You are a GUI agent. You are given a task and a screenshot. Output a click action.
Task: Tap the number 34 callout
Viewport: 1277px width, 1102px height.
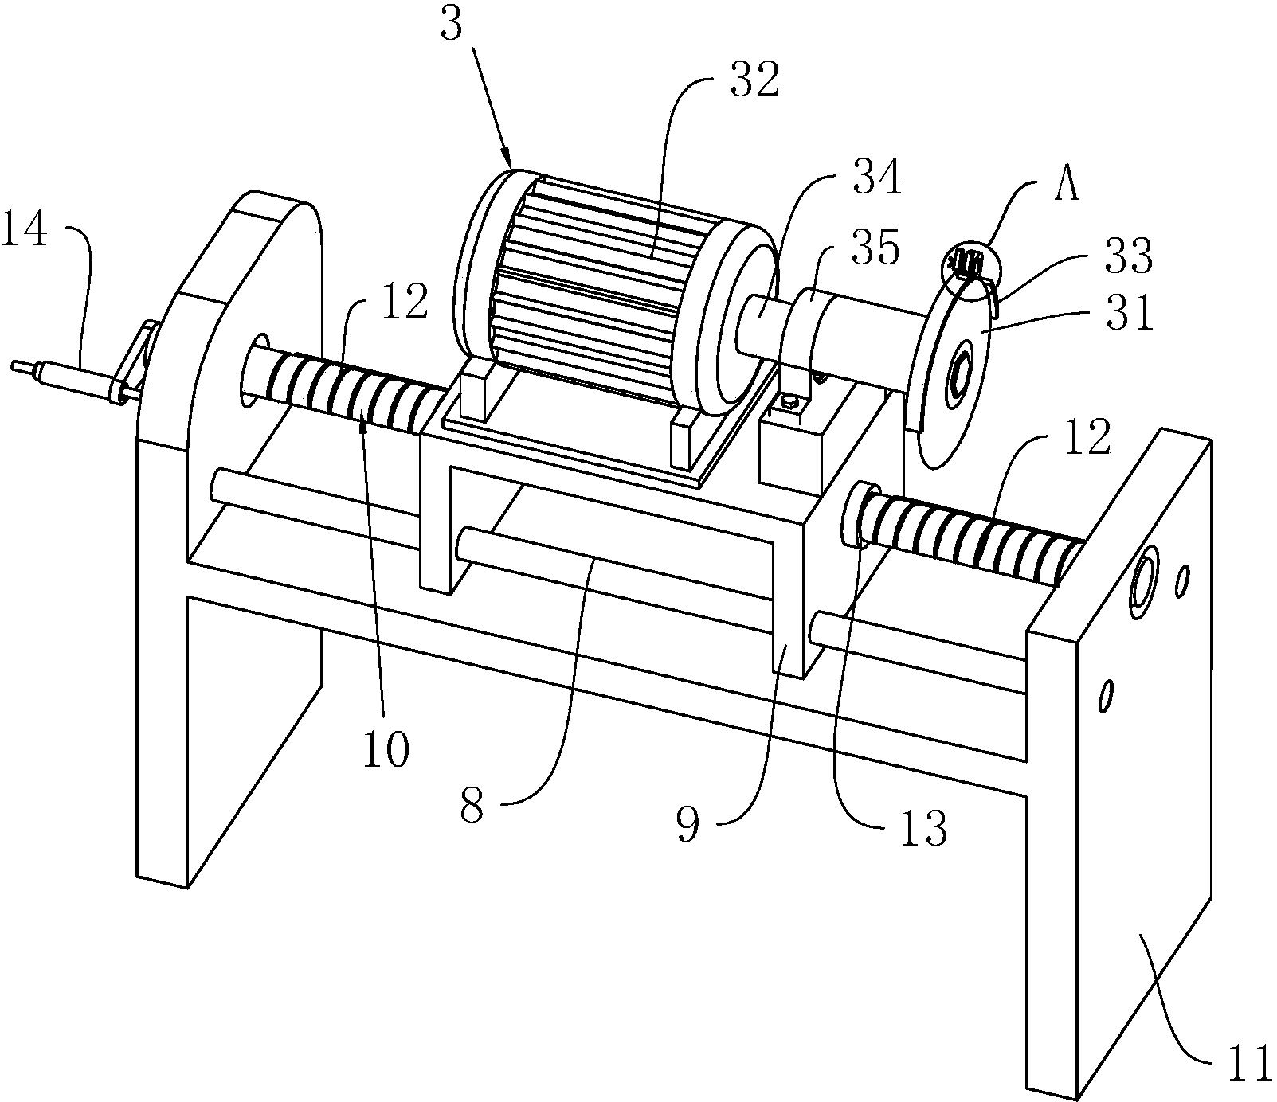[877, 178]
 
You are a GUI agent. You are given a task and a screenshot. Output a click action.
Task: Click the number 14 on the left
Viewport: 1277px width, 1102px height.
[26, 236]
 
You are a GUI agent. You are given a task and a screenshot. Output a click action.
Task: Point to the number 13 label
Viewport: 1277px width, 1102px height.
[924, 828]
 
